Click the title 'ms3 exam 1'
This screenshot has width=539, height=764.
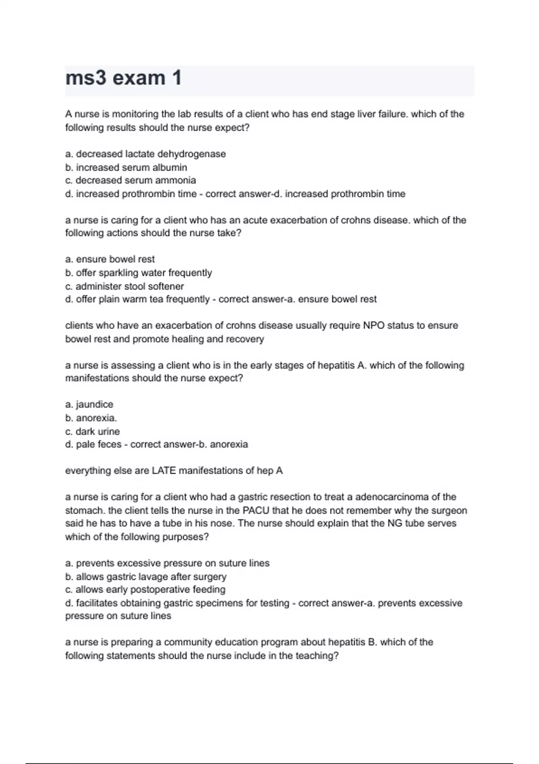pyautogui.click(x=124, y=78)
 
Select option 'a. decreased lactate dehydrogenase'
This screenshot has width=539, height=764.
pyautogui.click(x=146, y=154)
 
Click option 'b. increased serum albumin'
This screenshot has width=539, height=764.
pyautogui.click(x=126, y=168)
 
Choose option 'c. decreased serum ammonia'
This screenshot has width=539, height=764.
pyautogui.click(x=131, y=181)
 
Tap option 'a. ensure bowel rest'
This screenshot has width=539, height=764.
pyautogui.click(x=110, y=259)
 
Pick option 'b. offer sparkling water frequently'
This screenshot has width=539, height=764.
pyautogui.click(x=138, y=273)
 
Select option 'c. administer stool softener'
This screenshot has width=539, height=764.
pyautogui.click(x=124, y=286)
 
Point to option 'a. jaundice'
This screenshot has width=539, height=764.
pyautogui.click(x=89, y=404)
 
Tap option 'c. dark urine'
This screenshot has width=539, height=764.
pyautogui.click(x=93, y=431)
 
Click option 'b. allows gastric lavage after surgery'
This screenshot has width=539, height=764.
pyautogui.click(x=146, y=577)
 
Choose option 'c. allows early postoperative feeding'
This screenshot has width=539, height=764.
pyautogui.click(x=145, y=590)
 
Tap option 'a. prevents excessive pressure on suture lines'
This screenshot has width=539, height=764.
pyautogui.click(x=168, y=564)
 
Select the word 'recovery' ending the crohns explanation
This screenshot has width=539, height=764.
pyautogui.click(x=245, y=339)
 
